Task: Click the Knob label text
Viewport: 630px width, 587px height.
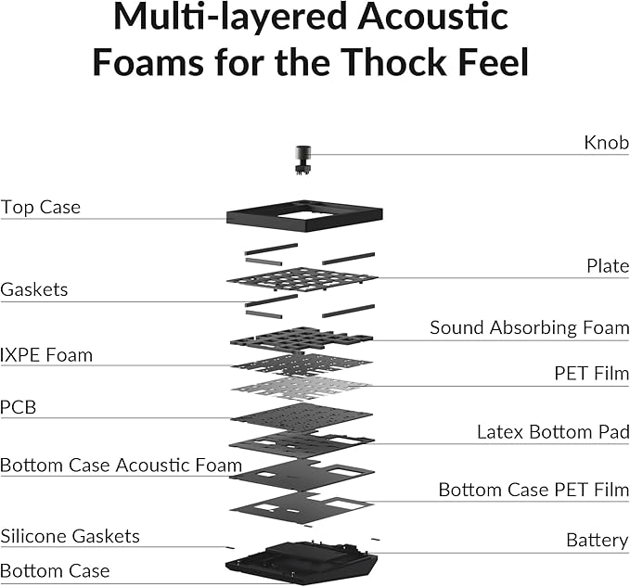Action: (606, 143)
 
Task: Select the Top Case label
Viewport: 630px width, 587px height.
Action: (41, 207)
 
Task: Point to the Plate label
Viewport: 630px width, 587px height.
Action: (608, 266)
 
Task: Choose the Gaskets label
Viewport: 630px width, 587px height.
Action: (34, 289)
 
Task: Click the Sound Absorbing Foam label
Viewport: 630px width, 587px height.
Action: (529, 327)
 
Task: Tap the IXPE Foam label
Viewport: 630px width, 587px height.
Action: (46, 355)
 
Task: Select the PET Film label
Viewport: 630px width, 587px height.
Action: (591, 374)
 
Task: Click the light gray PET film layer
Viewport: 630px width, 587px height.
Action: (302, 388)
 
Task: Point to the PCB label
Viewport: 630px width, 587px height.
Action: (18, 407)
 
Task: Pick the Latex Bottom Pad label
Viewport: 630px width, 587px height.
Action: (553, 432)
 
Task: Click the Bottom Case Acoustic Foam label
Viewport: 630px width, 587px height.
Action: (121, 466)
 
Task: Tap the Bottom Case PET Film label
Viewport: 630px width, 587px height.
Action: (534, 490)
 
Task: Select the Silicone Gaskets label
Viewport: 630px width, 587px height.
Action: (70, 536)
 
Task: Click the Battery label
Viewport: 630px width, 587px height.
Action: (597, 540)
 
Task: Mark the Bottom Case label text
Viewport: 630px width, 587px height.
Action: (55, 571)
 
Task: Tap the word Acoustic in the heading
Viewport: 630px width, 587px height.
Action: (432, 17)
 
